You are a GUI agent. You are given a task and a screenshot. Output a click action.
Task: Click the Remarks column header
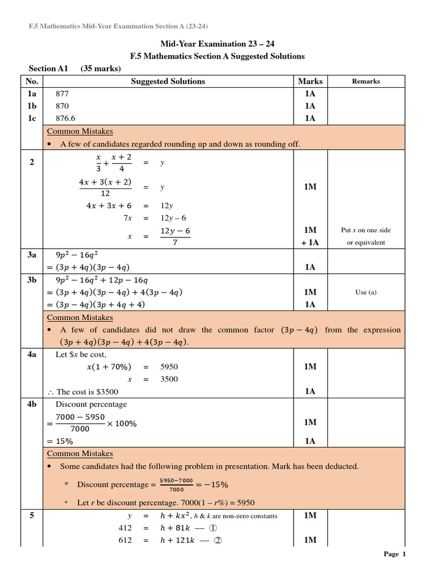pos(366,82)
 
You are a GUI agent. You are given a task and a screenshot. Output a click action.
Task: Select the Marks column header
pos(310,82)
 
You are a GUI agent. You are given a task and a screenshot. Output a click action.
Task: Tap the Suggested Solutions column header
pos(168,82)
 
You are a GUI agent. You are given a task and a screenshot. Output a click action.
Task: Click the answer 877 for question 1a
pos(62,93)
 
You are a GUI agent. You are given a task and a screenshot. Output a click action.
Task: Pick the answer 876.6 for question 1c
pos(65,118)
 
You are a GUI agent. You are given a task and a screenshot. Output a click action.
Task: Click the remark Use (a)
pos(366,292)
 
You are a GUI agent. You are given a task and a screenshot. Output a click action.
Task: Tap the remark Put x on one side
pos(366,230)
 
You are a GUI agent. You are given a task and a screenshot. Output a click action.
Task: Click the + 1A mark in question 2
pos(310,242)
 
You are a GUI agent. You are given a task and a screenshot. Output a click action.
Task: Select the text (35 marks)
pos(101,69)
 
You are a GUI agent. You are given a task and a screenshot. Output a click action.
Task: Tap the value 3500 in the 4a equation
pos(169,379)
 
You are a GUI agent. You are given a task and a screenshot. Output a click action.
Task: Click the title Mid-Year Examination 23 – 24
pos(218,44)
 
